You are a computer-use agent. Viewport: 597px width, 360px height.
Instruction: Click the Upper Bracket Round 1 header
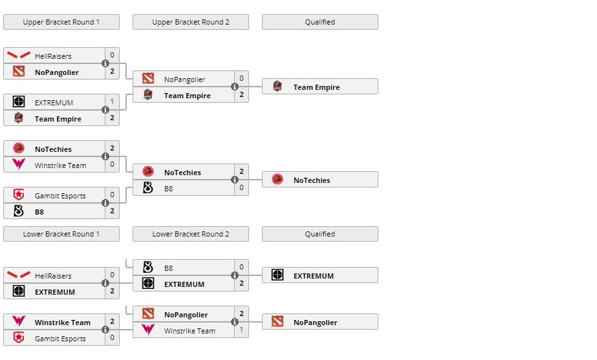click(x=61, y=22)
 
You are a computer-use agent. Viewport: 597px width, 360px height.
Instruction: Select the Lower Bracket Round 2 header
click(x=191, y=234)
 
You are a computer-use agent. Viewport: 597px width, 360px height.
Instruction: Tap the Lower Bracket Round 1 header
click(x=61, y=234)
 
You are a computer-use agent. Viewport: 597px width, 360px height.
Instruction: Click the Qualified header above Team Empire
click(x=320, y=22)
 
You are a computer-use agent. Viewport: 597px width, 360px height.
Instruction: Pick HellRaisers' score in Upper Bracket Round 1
click(x=112, y=56)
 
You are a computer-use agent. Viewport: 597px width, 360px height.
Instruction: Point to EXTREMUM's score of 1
click(x=112, y=102)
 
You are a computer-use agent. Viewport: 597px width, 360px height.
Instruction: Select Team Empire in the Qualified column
click(x=316, y=87)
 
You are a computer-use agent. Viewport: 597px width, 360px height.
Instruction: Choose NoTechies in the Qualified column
click(x=312, y=180)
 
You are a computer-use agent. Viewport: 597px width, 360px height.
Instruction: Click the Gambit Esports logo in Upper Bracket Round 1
click(x=19, y=195)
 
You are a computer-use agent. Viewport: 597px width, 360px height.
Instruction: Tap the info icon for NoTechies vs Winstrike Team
click(x=105, y=157)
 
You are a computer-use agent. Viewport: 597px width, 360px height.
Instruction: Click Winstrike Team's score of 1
click(x=241, y=330)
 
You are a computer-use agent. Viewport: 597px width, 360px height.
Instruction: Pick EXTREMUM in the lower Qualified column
click(x=314, y=276)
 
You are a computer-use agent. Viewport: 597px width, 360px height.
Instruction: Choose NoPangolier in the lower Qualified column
click(x=315, y=323)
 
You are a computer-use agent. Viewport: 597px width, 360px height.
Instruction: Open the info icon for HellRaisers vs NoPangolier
click(x=105, y=64)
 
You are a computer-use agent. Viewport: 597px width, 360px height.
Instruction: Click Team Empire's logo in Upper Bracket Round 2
click(x=148, y=96)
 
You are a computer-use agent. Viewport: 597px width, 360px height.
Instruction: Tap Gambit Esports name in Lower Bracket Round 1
click(x=60, y=339)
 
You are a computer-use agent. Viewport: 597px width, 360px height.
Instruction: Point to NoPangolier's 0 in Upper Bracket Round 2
click(x=241, y=79)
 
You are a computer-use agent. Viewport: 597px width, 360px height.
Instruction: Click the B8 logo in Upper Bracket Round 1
click(x=19, y=211)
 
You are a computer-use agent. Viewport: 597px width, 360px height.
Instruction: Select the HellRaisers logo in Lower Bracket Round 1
click(x=19, y=275)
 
